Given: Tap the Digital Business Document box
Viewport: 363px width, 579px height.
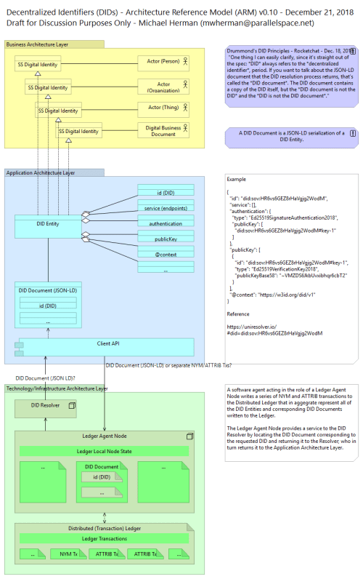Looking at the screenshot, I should coord(164,131).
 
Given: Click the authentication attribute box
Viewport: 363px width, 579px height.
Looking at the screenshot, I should coord(166,223).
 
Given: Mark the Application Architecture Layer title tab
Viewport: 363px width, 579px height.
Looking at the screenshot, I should coord(41,173).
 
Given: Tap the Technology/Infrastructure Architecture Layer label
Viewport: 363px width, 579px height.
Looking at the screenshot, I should coord(57,388).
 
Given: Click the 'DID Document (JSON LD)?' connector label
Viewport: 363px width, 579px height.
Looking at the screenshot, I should coord(45,378).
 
